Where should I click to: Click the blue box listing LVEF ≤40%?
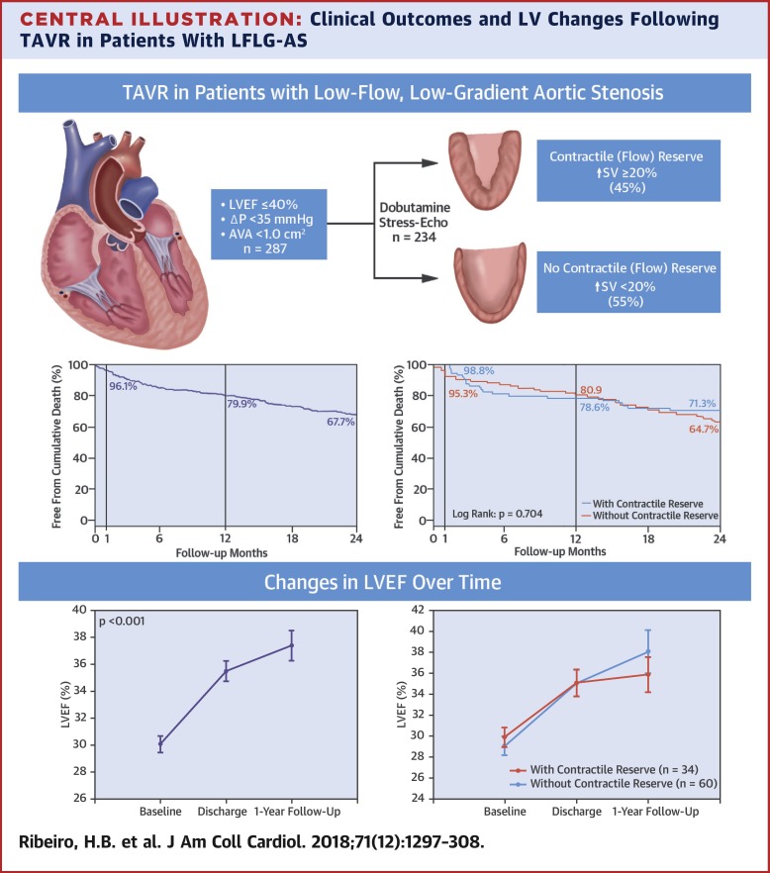(x=268, y=226)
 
